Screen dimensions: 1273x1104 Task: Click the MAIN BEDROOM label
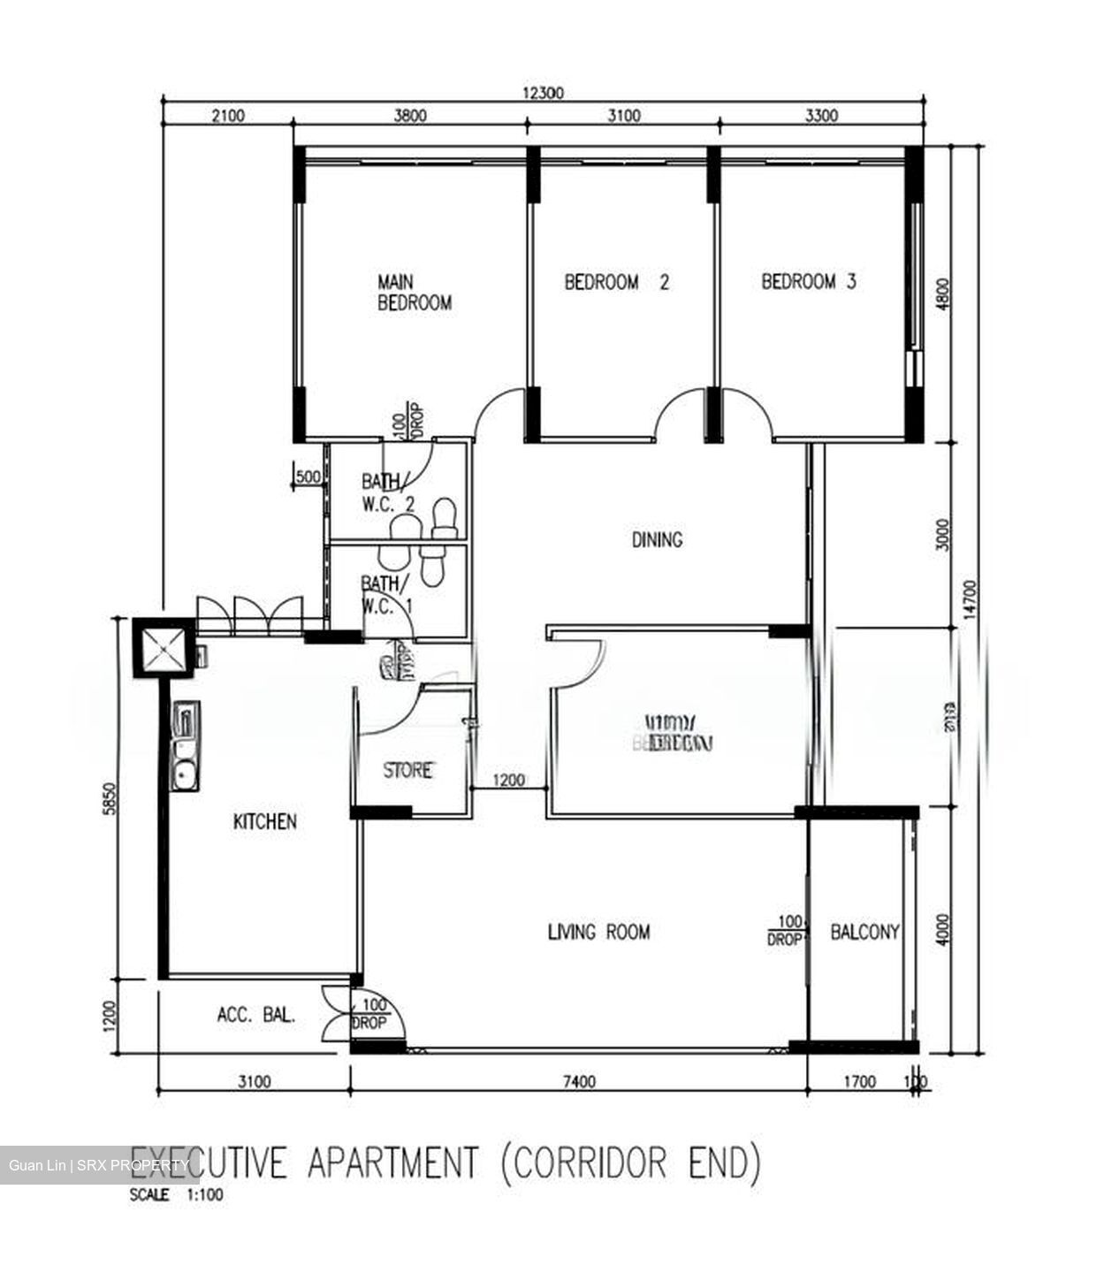(x=414, y=293)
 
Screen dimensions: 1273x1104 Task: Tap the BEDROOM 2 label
(x=616, y=282)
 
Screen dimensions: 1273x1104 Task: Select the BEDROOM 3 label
(x=808, y=282)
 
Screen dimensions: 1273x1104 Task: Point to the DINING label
(x=657, y=539)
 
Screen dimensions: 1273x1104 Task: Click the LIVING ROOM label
(x=598, y=932)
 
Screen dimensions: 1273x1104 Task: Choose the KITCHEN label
(x=264, y=822)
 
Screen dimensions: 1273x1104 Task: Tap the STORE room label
(x=407, y=771)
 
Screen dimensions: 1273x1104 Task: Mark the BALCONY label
(x=864, y=932)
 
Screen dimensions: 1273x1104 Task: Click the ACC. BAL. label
(x=255, y=1016)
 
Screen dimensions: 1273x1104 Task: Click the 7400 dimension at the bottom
(x=578, y=1081)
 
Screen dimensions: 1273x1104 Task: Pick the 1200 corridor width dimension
(x=508, y=781)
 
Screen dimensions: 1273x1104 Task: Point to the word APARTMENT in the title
(x=393, y=1162)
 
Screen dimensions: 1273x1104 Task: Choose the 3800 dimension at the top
(x=409, y=115)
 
